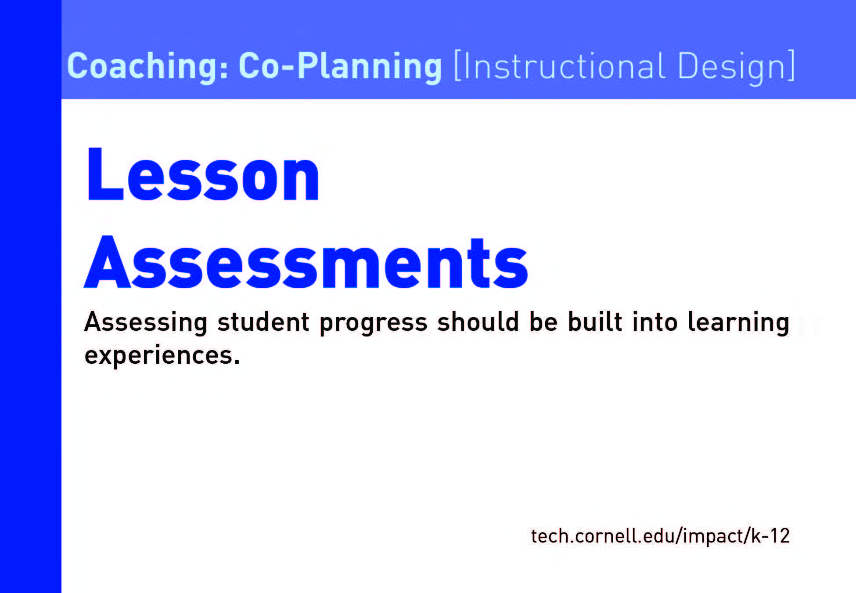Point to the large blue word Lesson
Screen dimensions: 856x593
click(203, 174)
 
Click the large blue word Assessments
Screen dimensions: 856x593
click(306, 262)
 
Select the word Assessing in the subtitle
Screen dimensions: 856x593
click(146, 323)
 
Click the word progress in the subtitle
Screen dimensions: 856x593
click(373, 323)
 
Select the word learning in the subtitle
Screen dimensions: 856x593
click(739, 323)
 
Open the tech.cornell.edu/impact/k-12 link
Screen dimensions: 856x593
click(660, 536)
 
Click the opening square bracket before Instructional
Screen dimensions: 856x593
click(457, 66)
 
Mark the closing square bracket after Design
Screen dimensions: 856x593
click(791, 66)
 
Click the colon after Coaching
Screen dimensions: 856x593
click(225, 70)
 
